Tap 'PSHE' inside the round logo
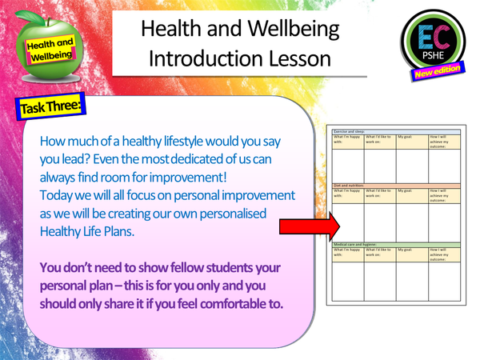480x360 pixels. (431, 61)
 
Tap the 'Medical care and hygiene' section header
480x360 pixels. (360, 243)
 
